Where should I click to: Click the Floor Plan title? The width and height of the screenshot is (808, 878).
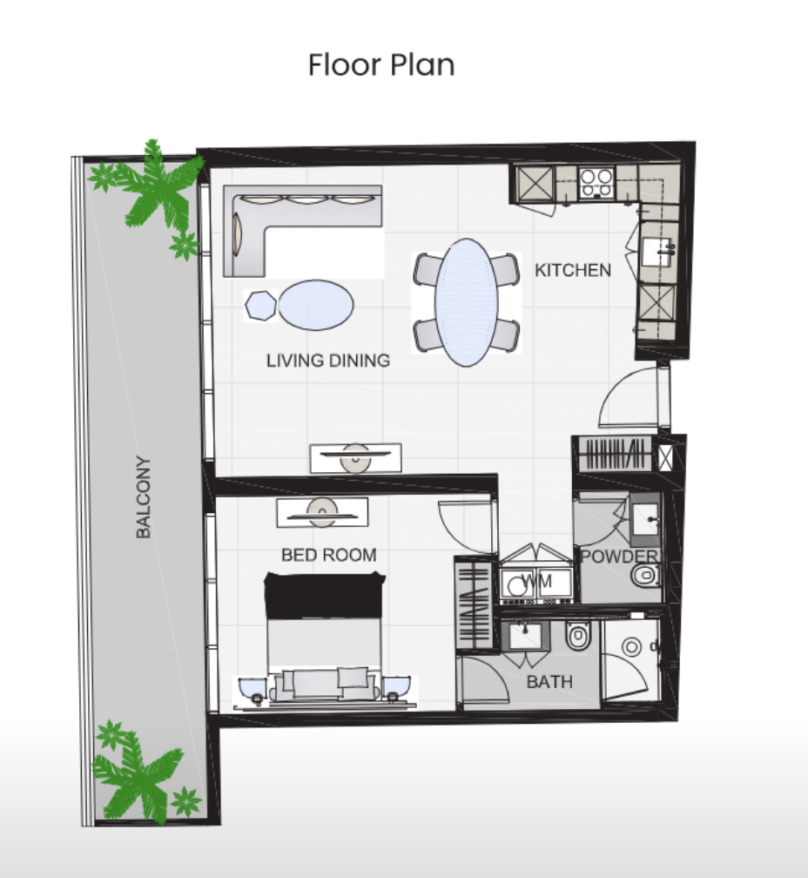(x=381, y=65)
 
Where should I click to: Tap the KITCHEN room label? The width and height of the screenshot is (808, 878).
(x=572, y=270)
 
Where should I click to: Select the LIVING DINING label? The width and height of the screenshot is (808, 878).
(x=328, y=360)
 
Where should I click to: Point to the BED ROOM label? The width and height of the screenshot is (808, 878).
(x=328, y=554)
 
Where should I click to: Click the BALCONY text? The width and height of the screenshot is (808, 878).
(x=144, y=497)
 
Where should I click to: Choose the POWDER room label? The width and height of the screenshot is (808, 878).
(x=619, y=556)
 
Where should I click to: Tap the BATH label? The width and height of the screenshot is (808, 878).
(x=549, y=681)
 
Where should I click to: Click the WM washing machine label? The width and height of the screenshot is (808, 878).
(x=536, y=580)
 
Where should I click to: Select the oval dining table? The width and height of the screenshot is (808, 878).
(x=466, y=302)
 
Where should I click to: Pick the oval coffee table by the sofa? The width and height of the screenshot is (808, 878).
(x=315, y=305)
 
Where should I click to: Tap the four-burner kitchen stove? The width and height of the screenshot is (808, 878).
(x=596, y=183)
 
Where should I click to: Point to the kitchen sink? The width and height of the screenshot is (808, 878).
(x=656, y=252)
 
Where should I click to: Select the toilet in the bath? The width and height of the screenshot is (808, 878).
(x=578, y=636)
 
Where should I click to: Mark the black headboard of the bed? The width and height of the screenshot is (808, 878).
(x=325, y=595)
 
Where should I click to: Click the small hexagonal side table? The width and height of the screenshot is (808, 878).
(x=260, y=305)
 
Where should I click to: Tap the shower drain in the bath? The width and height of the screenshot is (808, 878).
(x=632, y=647)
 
